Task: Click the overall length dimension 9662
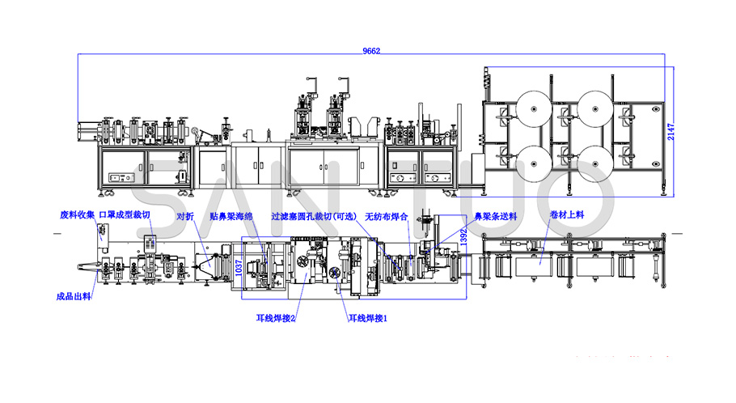pyautogui.click(x=371, y=51)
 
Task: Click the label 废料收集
pyautogui.click(x=77, y=216)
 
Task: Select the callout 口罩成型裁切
pyautogui.click(x=123, y=216)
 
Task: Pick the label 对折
pyautogui.click(x=184, y=216)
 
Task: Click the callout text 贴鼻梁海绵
pyautogui.click(x=233, y=216)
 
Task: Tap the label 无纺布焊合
pyautogui.click(x=386, y=216)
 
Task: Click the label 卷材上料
pyautogui.click(x=567, y=216)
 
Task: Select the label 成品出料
pyautogui.click(x=74, y=296)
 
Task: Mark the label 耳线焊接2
pyautogui.click(x=276, y=318)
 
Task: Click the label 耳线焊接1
pyautogui.click(x=369, y=318)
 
